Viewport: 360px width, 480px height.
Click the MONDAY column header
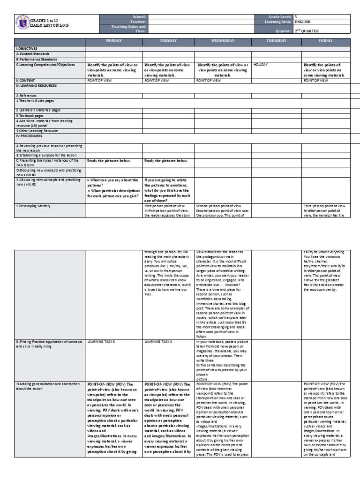click(x=113, y=41)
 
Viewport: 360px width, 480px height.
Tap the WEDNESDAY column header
click(x=223, y=41)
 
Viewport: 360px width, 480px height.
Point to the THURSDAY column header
click(x=277, y=41)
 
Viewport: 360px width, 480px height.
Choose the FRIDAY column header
click(x=326, y=41)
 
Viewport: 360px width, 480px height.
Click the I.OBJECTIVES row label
click(x=27, y=48)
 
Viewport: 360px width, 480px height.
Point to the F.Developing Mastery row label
click(x=33, y=206)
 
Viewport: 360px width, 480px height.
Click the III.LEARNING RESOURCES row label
click(x=36, y=86)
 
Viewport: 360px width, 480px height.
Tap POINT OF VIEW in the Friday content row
click(x=316, y=81)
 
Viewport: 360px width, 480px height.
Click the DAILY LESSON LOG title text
click(x=49, y=25)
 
